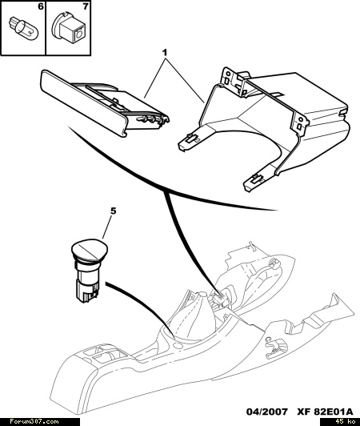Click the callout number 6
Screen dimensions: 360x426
tap(41, 6)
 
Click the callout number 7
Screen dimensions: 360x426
tap(86, 6)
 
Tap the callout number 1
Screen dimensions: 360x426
tap(165, 53)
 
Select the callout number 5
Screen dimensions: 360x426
tap(114, 211)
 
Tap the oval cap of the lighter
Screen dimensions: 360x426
tap(90, 249)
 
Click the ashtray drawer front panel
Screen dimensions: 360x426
tap(83, 103)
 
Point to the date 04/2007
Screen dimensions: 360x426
tap(267, 412)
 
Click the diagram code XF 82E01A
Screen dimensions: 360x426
tap(325, 412)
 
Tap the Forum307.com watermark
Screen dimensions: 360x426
tap(34, 422)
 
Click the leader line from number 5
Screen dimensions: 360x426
tap(107, 227)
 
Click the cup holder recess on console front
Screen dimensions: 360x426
tap(106, 355)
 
